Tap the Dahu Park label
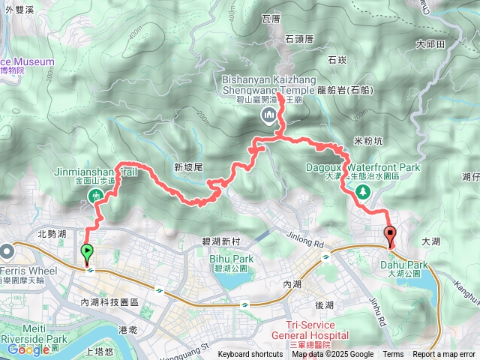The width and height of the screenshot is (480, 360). pos(407,265)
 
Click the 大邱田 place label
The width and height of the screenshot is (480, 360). pos(430,44)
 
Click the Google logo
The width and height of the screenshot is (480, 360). pos(28,349)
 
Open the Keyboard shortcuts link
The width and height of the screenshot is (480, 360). pos(250,355)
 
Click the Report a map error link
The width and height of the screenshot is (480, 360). pos(444,355)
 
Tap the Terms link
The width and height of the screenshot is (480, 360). pos(393,355)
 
